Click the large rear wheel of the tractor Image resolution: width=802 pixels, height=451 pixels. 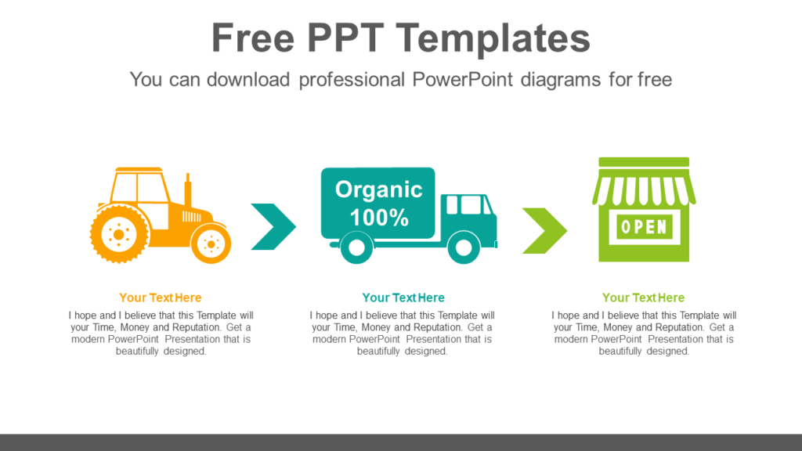[x=119, y=233]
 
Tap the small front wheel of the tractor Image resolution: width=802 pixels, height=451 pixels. [x=211, y=244]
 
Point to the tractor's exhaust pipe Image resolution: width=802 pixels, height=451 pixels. [x=187, y=192]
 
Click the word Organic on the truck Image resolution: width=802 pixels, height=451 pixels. [x=378, y=189]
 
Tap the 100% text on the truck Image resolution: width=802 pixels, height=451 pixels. [x=379, y=218]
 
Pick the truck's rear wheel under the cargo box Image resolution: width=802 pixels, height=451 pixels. [x=356, y=248]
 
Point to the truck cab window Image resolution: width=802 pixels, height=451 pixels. [x=468, y=205]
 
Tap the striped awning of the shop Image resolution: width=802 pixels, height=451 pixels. [x=644, y=190]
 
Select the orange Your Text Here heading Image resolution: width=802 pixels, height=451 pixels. [x=161, y=298]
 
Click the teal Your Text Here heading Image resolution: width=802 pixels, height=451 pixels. [x=403, y=298]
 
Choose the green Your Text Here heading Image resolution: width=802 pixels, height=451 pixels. [x=643, y=298]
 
